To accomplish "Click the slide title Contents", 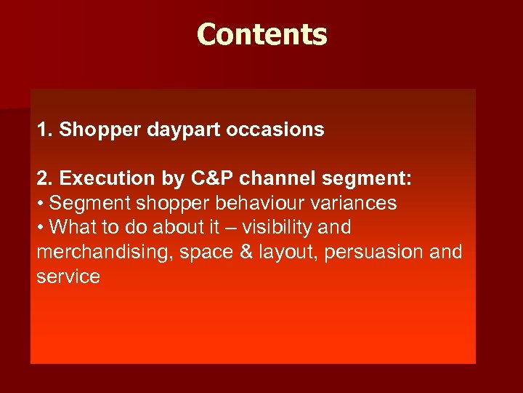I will (x=261, y=34).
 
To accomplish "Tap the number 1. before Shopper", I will (x=45, y=130).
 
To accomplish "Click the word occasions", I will (x=275, y=130).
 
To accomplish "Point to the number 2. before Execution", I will (x=45, y=178).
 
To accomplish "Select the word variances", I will (x=349, y=203).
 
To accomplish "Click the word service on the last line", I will (x=68, y=277).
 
